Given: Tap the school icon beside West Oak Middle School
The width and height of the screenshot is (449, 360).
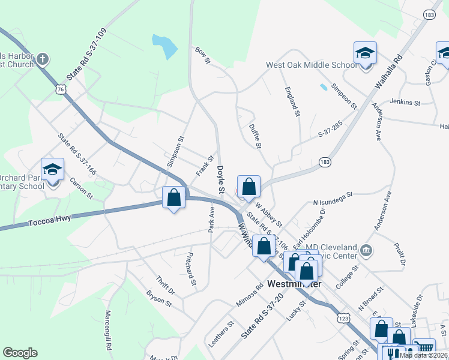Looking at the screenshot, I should click(x=365, y=54).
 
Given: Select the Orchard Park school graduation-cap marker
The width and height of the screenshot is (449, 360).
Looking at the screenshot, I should click(x=52, y=170).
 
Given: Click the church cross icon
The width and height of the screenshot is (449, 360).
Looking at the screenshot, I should click(x=42, y=59).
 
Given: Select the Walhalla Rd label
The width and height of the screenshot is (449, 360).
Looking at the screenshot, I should click(x=388, y=74).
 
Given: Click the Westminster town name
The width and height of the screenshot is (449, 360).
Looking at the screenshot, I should click(x=295, y=283).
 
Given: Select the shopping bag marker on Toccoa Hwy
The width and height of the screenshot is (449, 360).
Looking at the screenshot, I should click(x=174, y=197).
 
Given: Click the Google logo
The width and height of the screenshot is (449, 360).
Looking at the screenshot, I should click(x=20, y=353).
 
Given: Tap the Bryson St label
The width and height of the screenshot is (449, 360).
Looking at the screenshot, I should click(x=158, y=298).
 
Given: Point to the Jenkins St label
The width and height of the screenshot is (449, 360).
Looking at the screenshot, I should click(x=405, y=103).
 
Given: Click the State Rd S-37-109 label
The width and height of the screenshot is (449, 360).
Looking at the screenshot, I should click(x=86, y=55).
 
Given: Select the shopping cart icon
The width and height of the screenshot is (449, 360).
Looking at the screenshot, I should click(x=424, y=347).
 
